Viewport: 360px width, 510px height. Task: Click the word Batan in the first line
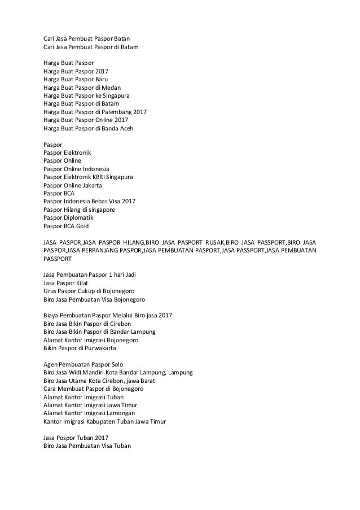pyautogui.click(x=130, y=39)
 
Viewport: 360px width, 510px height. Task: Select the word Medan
pyautogui.click(x=111, y=88)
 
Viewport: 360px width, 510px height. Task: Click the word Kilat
pyautogui.click(x=81, y=282)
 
